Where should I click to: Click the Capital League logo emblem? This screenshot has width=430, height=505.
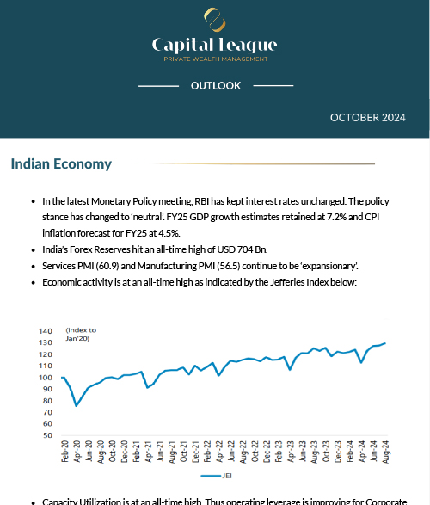[214, 19]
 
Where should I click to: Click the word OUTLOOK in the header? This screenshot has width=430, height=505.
[215, 86]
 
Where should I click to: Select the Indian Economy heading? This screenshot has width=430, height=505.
[61, 164]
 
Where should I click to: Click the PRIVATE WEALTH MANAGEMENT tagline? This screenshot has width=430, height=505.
[215, 59]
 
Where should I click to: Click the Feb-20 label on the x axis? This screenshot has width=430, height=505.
[64, 453]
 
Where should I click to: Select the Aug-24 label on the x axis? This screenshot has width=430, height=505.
[384, 453]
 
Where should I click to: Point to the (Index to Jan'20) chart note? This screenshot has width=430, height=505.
[82, 334]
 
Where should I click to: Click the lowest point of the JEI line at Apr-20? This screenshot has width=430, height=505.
[77, 405]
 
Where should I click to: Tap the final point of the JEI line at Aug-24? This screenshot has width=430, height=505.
[384, 343]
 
